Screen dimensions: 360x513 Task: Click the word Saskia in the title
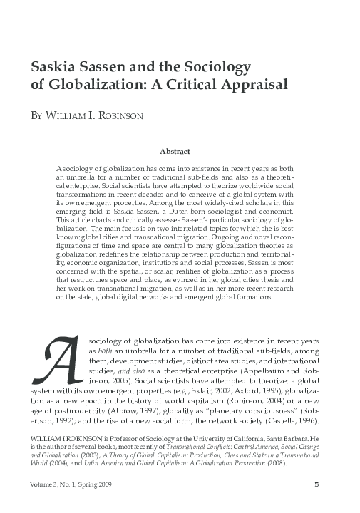pos(54,68)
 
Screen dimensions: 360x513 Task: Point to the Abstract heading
pos(175,151)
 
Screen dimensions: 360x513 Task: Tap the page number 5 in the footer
pos(316,486)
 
